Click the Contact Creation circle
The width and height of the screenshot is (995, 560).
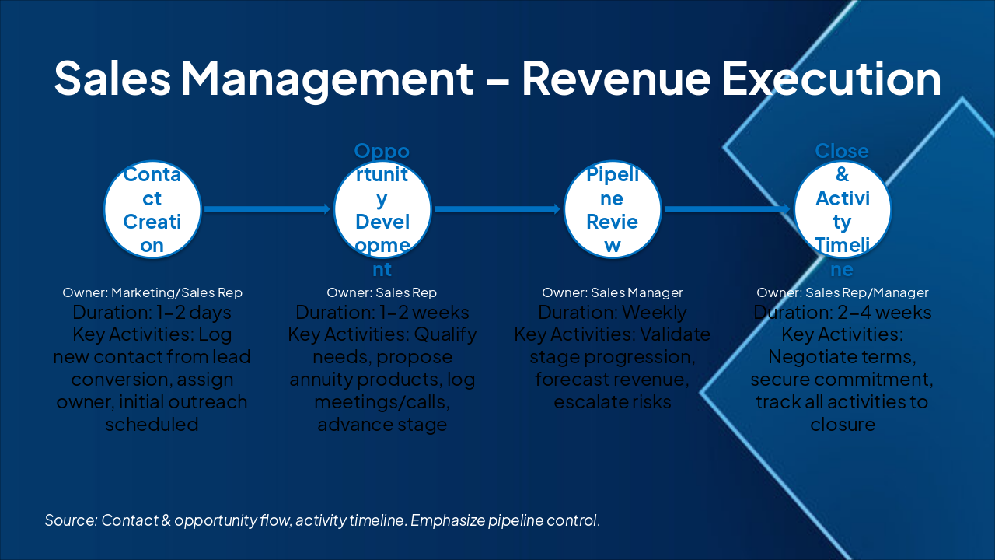pos(153,209)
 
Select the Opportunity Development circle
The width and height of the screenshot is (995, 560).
pos(382,209)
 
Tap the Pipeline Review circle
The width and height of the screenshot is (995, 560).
pos(613,209)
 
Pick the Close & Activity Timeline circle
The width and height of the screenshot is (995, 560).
pos(843,209)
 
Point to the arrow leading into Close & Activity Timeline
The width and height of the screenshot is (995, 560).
pos(728,208)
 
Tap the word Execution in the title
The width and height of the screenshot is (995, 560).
pos(832,78)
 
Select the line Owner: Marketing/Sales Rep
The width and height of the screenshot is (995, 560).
pos(152,293)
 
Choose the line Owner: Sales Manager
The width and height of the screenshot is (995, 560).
pos(613,293)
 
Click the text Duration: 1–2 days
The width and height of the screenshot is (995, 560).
pos(152,313)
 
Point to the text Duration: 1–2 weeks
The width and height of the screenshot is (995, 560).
pos(382,313)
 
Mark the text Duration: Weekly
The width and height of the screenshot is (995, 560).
pos(613,313)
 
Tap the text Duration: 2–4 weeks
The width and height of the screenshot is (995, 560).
pos(843,313)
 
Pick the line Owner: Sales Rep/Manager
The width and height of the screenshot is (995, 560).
pos(843,293)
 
